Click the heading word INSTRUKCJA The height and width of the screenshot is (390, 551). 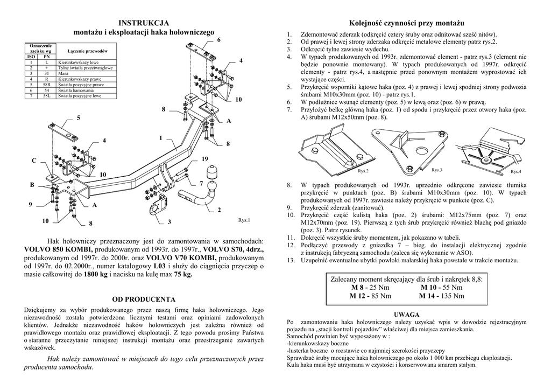[x=144, y=23]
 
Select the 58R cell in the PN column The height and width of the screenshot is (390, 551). [x=46, y=85]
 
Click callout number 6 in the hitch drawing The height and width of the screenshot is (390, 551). [x=218, y=40]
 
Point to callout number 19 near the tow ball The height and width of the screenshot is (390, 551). [x=204, y=159]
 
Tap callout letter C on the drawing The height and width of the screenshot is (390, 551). [x=33, y=161]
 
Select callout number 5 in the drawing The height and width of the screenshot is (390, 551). [x=79, y=117]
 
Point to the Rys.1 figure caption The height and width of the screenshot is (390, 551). [x=244, y=220]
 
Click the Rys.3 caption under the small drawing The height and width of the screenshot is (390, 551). [x=436, y=170]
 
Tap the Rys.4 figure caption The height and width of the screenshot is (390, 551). [x=515, y=171]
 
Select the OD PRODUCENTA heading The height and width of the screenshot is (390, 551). [x=144, y=298]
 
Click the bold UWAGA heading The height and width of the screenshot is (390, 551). [x=407, y=314]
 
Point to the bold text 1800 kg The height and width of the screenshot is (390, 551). [x=96, y=274]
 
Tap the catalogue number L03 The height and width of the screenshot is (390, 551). [x=159, y=266]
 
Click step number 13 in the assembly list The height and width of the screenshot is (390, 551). [x=291, y=261]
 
